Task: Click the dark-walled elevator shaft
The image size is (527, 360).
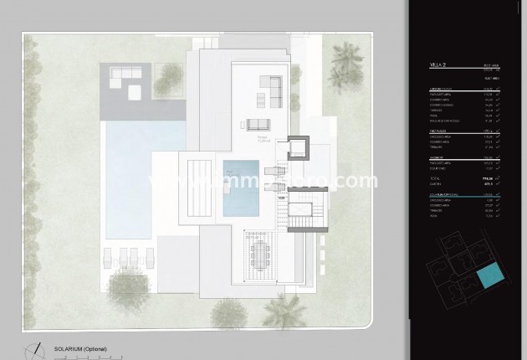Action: [x=299, y=151]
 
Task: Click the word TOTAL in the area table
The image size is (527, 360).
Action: [x=435, y=178]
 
